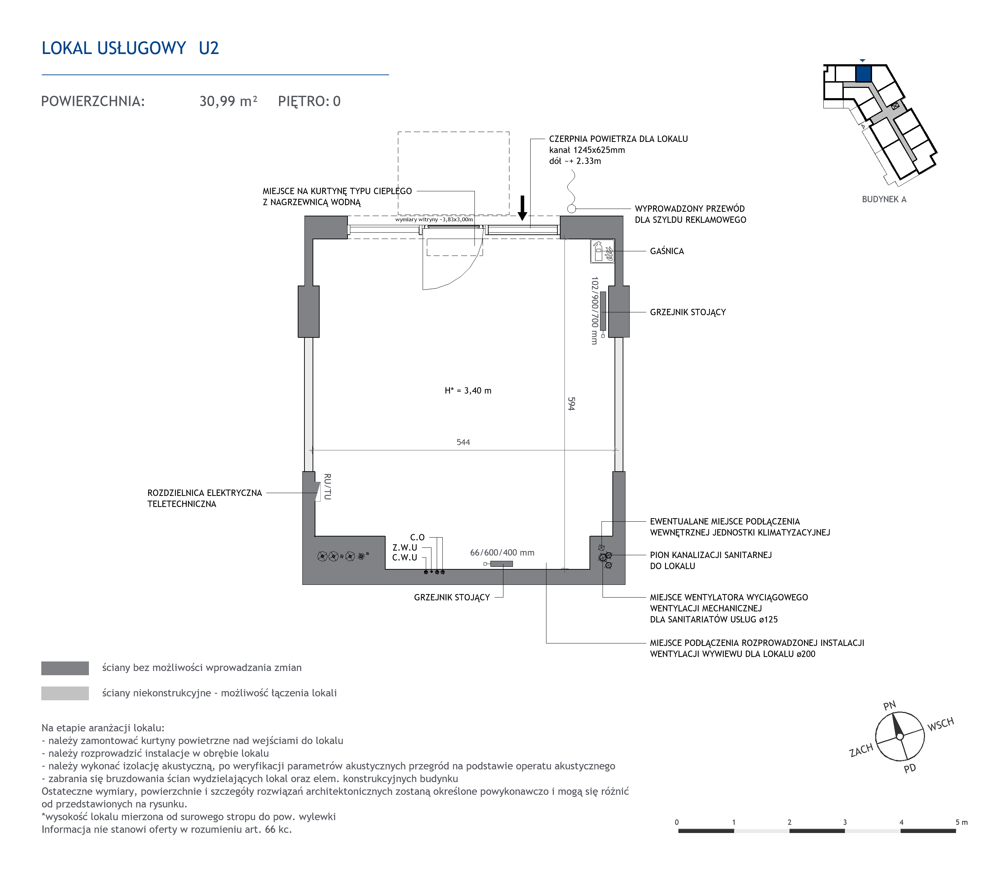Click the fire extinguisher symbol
point(602,251)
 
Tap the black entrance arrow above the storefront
point(522,208)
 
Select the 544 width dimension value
point(463,442)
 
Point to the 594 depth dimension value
point(571,403)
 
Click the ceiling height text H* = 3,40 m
point(468,391)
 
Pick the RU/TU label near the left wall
point(327,486)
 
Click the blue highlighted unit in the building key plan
point(863,74)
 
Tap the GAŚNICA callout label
point(667,251)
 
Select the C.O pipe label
point(417,537)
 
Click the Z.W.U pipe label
point(405,547)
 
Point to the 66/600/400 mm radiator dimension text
point(502,553)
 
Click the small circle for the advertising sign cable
point(572,209)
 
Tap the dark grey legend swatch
point(65,668)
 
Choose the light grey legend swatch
point(65,693)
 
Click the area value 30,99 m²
point(228,101)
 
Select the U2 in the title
point(209,48)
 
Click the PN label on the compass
point(890,706)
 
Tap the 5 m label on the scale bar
point(961,822)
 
